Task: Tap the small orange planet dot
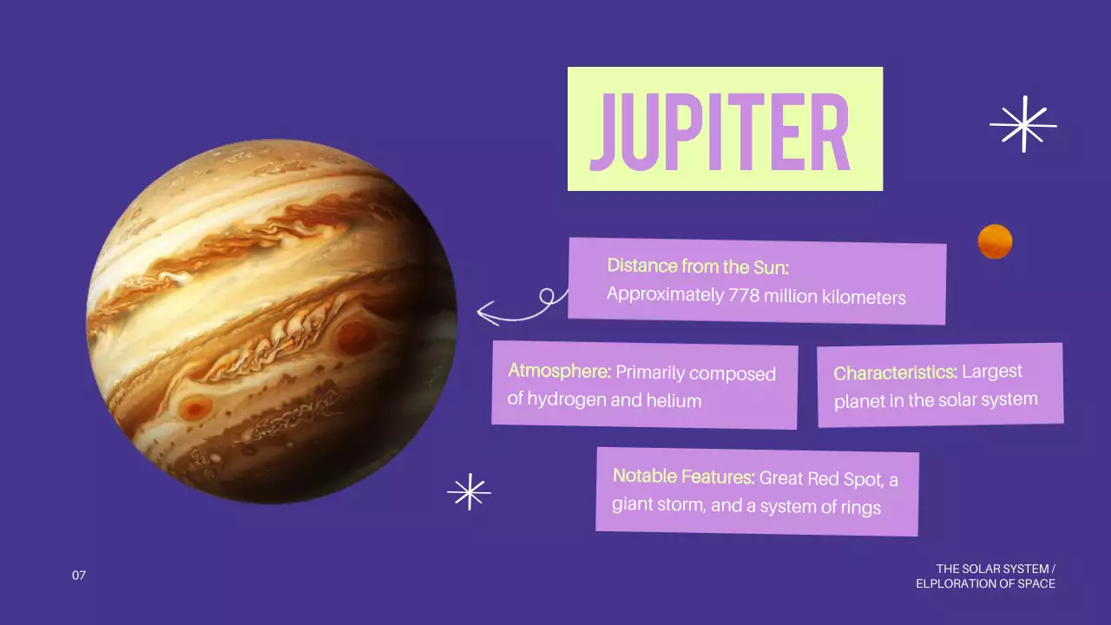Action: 995,241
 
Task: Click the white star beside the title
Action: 1023,124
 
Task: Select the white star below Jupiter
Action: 469,492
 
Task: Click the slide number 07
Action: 79,576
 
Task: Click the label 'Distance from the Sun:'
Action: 698,266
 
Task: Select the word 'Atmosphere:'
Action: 560,372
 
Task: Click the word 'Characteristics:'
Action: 895,373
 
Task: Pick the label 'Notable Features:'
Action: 683,477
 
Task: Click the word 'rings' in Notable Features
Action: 858,508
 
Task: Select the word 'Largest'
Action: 992,372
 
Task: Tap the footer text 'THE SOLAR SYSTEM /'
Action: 996,569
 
